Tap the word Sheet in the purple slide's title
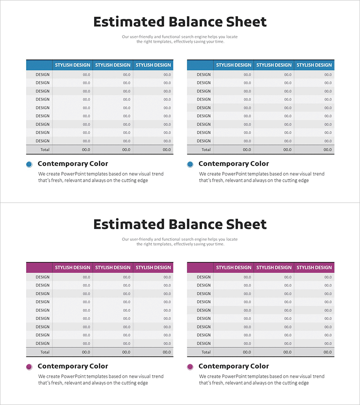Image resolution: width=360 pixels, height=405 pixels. point(246,225)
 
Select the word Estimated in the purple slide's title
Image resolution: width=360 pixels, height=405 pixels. point(129,225)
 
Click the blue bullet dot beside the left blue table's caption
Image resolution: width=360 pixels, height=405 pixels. point(29,164)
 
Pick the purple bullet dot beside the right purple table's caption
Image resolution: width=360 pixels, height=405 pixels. point(190,367)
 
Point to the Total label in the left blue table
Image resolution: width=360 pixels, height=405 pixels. point(45,150)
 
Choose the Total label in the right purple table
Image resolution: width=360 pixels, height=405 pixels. point(206,352)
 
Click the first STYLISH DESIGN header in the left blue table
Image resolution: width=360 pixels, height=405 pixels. point(72,65)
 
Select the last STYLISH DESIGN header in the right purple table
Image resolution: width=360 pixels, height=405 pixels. point(314,267)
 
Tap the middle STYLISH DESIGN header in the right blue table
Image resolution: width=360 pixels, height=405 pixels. point(274,65)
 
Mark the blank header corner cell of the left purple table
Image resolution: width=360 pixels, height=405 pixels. point(39,267)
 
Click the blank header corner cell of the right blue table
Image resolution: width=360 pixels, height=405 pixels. point(200,65)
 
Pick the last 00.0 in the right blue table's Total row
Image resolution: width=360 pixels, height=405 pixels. point(327,150)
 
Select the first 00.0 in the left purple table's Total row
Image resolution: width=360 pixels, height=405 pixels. point(86,352)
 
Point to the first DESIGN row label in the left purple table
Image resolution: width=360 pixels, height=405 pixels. point(43,277)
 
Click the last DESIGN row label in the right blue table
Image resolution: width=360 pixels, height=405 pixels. point(203,141)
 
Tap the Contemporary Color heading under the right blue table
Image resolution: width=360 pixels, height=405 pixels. point(234,164)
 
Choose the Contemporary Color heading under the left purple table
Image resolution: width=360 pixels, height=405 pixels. point(73,366)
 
